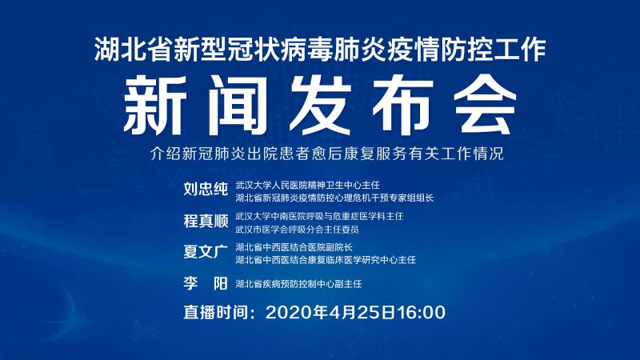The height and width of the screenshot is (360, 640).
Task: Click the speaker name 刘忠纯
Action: [x=206, y=190]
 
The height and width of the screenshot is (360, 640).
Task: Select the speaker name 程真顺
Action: [x=206, y=221]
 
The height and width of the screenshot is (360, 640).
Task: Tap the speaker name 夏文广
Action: [x=206, y=252]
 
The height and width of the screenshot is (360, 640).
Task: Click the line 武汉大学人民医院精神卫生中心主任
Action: [x=308, y=186]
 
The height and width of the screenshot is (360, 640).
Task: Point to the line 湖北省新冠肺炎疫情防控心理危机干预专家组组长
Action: [x=334, y=198]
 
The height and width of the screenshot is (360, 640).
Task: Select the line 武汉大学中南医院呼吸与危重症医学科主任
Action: [x=319, y=216]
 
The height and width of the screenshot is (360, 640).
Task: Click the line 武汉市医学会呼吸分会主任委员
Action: [x=297, y=230]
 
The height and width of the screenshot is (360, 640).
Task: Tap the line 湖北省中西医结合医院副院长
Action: [x=294, y=247]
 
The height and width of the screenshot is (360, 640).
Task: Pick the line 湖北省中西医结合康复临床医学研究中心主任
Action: [x=326, y=260]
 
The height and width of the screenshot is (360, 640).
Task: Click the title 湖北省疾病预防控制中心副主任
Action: [x=298, y=284]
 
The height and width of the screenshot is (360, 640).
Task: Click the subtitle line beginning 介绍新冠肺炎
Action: [x=327, y=154]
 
